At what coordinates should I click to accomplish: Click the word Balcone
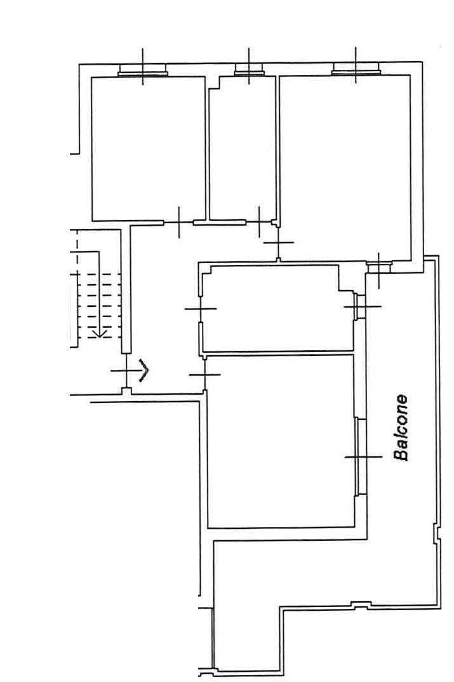coord(401,428)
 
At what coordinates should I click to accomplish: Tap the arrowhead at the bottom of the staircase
coord(100,334)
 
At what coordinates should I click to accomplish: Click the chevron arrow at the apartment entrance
coord(144,371)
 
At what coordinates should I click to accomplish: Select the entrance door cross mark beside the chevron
coord(126,371)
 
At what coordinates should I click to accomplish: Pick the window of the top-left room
coord(142,69)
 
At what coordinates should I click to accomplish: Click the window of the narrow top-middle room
coord(248,69)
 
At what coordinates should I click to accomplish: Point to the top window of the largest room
coord(356,68)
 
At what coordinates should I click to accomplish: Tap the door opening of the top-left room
coord(178,222)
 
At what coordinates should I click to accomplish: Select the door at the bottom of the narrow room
coord(259,222)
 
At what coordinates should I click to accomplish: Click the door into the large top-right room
coord(278,243)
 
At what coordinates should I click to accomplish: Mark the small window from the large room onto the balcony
coord(379,266)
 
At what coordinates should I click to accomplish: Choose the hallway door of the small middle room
coord(200,309)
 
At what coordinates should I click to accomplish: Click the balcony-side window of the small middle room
coord(360,306)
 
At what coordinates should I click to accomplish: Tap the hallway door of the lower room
coord(204,374)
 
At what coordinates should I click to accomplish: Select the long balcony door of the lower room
coord(361,457)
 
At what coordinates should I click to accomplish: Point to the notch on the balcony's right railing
coord(436,533)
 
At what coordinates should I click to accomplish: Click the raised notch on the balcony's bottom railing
coord(361,604)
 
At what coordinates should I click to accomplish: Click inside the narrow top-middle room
coord(242,148)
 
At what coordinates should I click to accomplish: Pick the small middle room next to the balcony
coord(278,308)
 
